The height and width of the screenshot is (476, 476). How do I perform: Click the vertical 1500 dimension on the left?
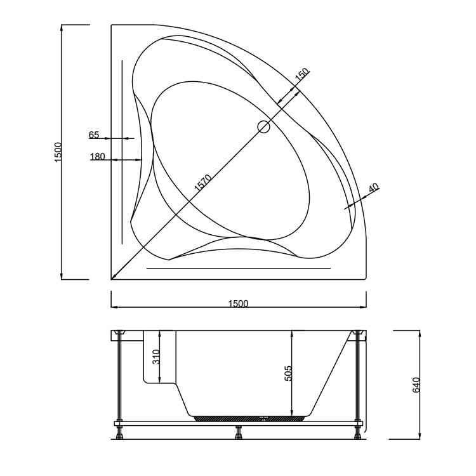click(x=58, y=152)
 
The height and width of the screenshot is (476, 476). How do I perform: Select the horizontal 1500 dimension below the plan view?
click(x=238, y=303)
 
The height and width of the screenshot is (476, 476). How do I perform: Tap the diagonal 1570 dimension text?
click(x=202, y=183)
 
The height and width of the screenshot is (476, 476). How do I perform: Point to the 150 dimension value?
click(x=301, y=74)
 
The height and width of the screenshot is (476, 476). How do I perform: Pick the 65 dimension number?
click(x=94, y=135)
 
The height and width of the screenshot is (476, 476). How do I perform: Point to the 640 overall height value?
click(x=416, y=384)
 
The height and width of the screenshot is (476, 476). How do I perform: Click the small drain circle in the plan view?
click(x=263, y=127)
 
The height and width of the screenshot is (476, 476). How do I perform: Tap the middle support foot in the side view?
click(x=238, y=434)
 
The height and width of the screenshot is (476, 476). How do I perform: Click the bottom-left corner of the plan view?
click(x=112, y=279)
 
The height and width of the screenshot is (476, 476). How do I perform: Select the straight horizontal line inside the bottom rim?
click(x=238, y=268)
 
